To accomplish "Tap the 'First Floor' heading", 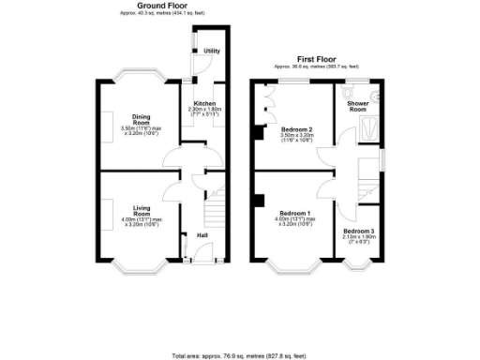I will tap(316, 57).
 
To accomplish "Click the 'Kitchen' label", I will tap(204, 103).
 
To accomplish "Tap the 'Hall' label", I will tap(202, 235).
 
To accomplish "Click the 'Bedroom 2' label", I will tap(297, 128).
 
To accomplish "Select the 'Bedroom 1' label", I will tap(295, 214).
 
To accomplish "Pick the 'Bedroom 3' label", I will tap(357, 231).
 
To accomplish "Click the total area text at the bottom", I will tap(239, 356).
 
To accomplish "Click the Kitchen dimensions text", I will tap(204, 112).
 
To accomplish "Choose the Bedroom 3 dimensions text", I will tap(357, 240).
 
